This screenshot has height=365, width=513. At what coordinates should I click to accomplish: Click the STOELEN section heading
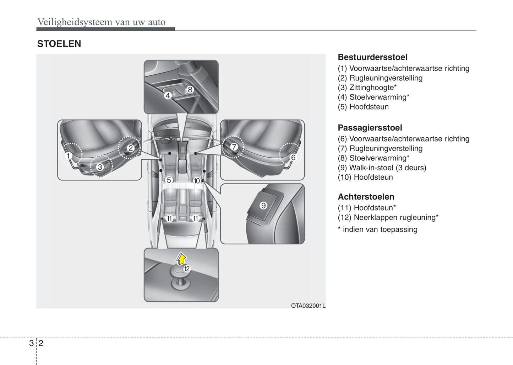(59, 44)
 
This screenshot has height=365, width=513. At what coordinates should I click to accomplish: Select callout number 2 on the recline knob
(130, 148)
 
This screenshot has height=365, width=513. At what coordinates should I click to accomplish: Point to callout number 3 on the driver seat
(100, 166)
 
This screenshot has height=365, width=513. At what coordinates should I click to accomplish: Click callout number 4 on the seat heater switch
(168, 95)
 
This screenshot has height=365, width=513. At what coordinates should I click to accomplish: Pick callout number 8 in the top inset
(190, 90)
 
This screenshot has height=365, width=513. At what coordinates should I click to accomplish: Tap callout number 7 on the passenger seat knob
(234, 147)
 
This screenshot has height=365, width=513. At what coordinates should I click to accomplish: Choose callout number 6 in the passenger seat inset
(293, 157)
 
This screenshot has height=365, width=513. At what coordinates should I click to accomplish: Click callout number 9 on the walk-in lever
(263, 205)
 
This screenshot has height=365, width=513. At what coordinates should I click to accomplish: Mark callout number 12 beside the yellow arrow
(187, 269)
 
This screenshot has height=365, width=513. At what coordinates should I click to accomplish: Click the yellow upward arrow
(181, 259)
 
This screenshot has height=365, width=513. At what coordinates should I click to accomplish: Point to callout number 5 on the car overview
(169, 180)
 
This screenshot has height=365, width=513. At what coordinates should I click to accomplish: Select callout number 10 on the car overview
(197, 181)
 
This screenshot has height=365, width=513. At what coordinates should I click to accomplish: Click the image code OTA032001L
(308, 306)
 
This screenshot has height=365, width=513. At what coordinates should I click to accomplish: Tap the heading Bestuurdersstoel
(372, 57)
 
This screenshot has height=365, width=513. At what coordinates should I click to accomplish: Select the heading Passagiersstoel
(370, 128)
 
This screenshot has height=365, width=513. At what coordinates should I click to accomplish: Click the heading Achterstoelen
(366, 197)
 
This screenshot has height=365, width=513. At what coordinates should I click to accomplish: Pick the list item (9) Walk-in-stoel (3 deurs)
(382, 168)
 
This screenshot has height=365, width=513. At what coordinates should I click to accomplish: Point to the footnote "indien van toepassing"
(380, 229)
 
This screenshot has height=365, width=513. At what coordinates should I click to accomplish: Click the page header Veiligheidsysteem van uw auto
(101, 22)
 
